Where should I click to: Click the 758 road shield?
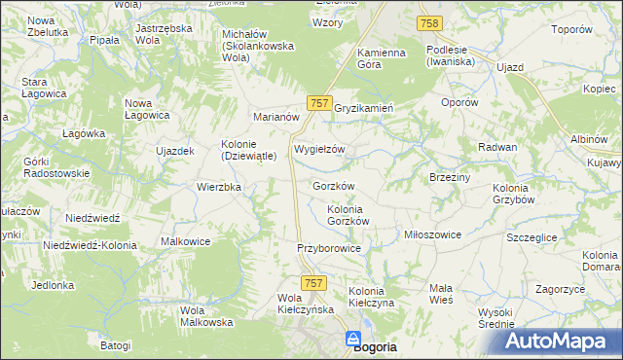(x=428, y=22)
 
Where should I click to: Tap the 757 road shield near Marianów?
(x=320, y=102)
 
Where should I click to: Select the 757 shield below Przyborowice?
(x=313, y=281)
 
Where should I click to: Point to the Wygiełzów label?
(x=319, y=150)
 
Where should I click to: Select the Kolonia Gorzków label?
(x=348, y=215)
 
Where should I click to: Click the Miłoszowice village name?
(x=432, y=234)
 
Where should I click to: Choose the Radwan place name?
(x=496, y=146)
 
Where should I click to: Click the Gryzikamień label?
(x=363, y=108)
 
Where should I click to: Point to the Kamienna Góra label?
(x=381, y=57)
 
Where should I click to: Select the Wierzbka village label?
(x=219, y=187)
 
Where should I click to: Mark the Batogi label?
(x=114, y=344)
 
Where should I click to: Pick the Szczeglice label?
(x=532, y=236)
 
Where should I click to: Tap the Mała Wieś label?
(x=441, y=294)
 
